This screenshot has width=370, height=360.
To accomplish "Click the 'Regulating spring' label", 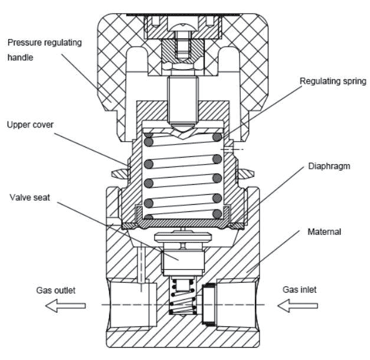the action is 333,81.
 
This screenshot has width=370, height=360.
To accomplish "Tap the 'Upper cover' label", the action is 30,125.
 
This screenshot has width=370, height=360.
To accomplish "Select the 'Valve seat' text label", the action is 30,197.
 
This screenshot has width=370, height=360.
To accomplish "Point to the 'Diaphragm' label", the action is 329,166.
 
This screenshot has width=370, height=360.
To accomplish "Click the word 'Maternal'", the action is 324,232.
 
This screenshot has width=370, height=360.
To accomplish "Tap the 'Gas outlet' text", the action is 55,290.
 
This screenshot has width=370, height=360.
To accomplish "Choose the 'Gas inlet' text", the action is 299,290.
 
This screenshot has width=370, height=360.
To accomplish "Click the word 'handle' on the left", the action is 20,57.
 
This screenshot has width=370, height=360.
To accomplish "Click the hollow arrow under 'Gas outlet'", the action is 66,306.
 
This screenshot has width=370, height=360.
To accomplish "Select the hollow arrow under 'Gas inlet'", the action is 297,306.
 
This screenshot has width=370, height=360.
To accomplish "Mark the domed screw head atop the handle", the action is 182,27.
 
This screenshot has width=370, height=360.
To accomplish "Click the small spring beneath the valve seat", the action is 184,297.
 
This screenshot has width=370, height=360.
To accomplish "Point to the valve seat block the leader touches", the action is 183,263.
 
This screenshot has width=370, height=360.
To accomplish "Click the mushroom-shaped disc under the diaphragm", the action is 183,237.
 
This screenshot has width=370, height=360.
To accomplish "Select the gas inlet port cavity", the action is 236,305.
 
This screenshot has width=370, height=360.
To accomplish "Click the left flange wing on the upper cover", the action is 120,174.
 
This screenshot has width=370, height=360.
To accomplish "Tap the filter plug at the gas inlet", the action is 208,304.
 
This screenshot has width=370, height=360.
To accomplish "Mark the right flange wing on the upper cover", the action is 246,174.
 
